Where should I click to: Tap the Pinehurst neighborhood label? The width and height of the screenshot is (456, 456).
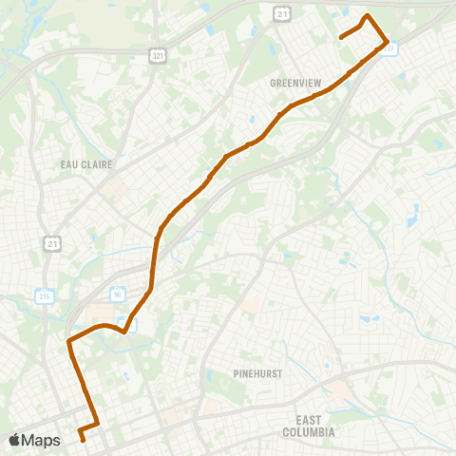point(258,373)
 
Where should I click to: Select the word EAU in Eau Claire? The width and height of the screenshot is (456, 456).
point(70,164)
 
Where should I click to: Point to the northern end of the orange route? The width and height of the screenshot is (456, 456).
point(341,37)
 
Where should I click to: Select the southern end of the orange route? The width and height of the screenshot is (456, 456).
point(83,439)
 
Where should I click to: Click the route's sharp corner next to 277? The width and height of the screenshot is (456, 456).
point(386,42)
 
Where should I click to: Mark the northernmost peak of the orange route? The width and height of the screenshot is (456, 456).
point(367,16)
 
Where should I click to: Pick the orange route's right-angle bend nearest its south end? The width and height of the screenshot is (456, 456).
point(97,421)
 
